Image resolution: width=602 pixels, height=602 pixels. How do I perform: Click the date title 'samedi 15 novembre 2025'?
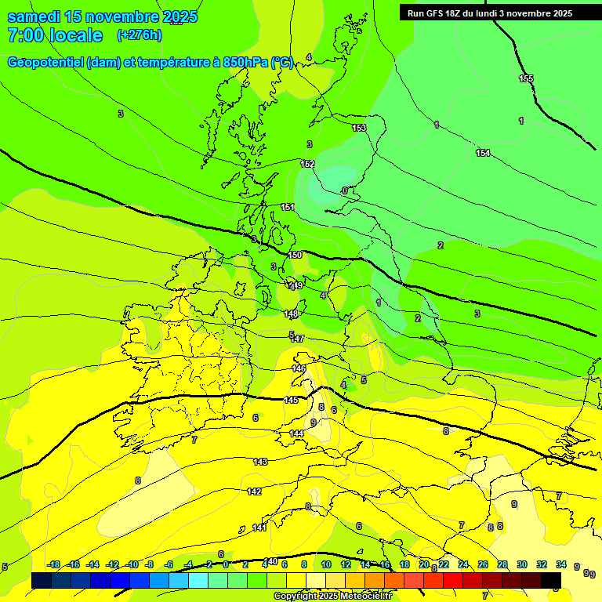[102, 16]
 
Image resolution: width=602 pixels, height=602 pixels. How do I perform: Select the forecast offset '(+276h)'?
[140, 35]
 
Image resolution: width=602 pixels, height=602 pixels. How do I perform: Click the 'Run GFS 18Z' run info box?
[489, 13]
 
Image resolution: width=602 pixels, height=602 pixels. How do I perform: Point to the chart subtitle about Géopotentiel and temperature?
[150, 63]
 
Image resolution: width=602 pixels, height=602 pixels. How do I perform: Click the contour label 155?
[526, 78]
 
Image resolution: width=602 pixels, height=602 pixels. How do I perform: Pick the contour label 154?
[483, 153]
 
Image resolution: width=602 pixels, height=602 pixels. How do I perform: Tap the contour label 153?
[359, 128]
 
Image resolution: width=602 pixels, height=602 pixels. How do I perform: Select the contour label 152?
[307, 164]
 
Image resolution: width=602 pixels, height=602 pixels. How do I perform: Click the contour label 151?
[288, 207]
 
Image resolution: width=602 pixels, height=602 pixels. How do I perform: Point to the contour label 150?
[295, 256]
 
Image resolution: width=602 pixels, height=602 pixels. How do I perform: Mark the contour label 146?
[299, 368]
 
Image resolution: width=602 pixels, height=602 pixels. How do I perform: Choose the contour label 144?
[296, 433]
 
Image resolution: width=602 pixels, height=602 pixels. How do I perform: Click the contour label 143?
[260, 462]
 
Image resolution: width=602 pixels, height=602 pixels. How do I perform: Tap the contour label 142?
[254, 491]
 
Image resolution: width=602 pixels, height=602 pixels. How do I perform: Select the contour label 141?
[259, 528]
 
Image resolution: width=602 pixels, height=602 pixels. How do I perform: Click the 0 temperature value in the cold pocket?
[344, 190]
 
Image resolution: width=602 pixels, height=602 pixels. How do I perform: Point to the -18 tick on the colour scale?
[54, 564]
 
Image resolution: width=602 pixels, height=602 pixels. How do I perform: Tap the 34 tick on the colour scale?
[561, 564]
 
